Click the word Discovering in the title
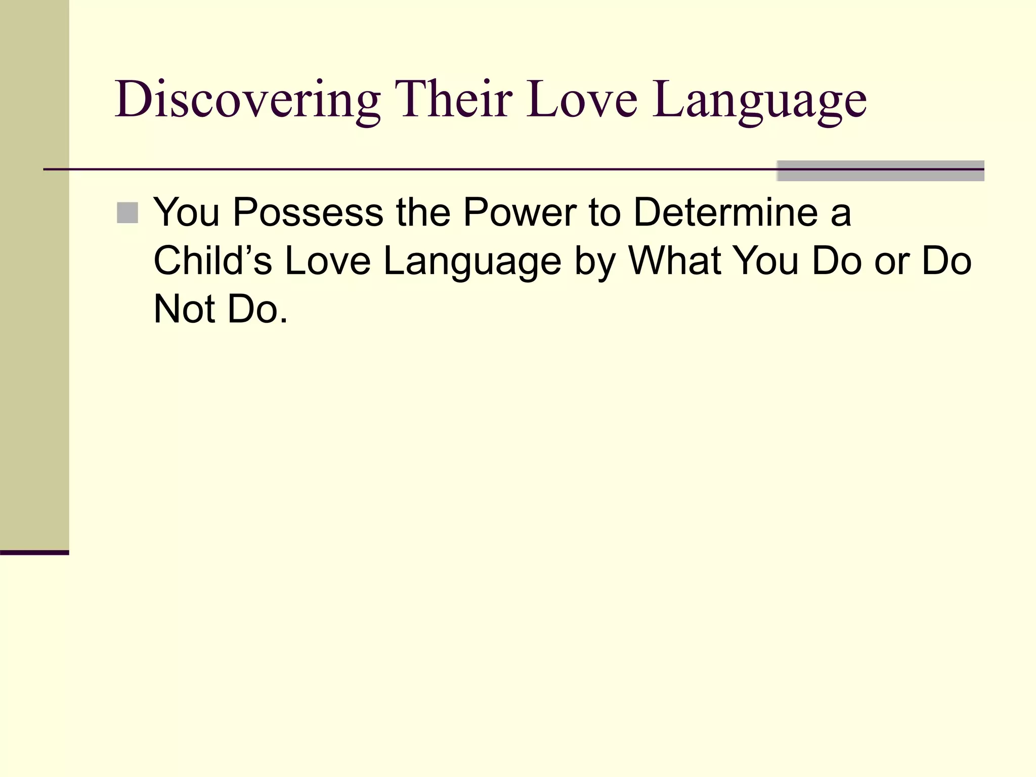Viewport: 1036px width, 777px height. pyautogui.click(x=247, y=100)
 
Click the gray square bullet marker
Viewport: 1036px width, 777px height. pyautogui.click(x=127, y=213)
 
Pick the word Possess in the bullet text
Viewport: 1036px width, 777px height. pyautogui.click(x=308, y=212)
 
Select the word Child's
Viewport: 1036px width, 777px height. pyautogui.click(x=212, y=261)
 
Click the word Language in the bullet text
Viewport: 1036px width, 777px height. pyautogui.click(x=472, y=263)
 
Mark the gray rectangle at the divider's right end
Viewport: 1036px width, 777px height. pyautogui.click(x=880, y=170)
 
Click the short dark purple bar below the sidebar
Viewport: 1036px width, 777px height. pyautogui.click(x=34, y=552)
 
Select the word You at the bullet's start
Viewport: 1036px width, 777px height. pyautogui.click(x=187, y=212)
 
